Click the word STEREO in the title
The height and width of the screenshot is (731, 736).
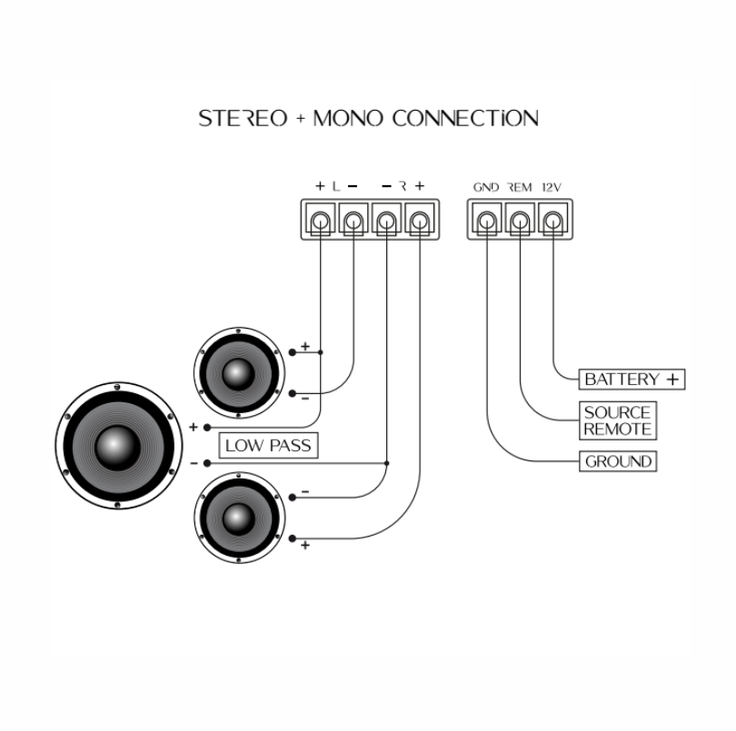[x=244, y=119]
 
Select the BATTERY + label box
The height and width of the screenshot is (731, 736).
[x=632, y=379]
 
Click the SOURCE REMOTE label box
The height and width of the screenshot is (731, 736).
[x=618, y=420]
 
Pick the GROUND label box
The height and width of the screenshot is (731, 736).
[x=618, y=461]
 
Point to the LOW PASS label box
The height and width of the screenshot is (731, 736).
[x=269, y=446]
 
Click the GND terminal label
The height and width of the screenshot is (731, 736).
[x=486, y=187]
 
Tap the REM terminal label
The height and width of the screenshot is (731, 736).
[x=519, y=187]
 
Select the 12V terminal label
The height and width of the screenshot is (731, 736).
[x=552, y=187]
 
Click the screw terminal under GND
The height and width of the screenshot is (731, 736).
[x=487, y=220]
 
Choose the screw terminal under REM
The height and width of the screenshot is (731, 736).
[x=520, y=220]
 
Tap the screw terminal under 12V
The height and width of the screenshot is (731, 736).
[x=552, y=220]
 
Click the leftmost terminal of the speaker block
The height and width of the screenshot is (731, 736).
[x=321, y=220]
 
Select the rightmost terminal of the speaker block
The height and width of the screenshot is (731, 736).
[x=419, y=220]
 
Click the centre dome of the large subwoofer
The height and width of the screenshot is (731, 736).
[x=118, y=445]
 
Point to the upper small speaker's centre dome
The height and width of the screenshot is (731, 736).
[x=238, y=372]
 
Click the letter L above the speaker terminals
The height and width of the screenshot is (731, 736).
[x=335, y=186]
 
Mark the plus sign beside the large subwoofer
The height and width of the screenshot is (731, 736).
[x=194, y=426]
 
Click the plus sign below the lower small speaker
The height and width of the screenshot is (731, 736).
[x=304, y=545]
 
